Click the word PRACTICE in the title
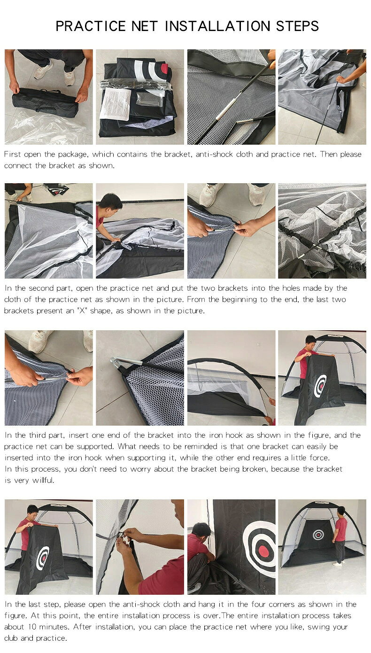(90, 26)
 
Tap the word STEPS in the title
(297, 26)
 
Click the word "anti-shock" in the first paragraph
(214, 154)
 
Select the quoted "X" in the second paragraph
(82, 311)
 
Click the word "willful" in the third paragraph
(43, 480)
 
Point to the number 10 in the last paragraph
(32, 627)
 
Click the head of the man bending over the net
(111, 202)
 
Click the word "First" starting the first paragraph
(12, 154)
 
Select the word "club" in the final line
(11, 638)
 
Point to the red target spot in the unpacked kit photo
(165, 69)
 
